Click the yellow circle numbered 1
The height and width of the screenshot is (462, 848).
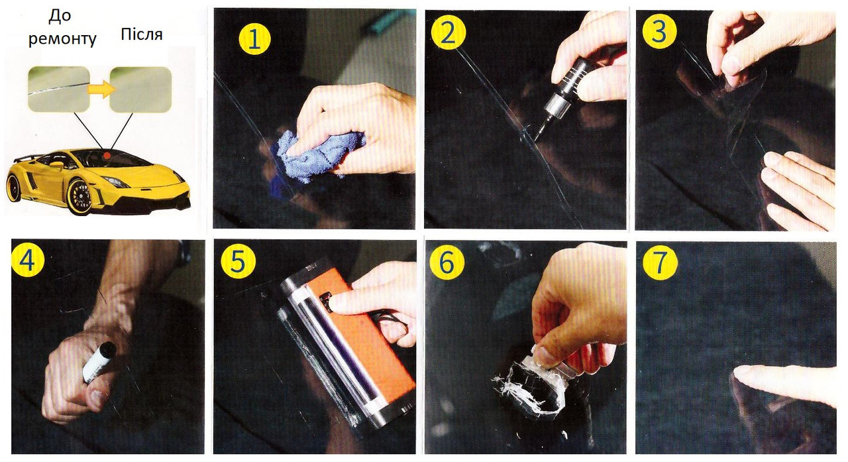pos(254,39)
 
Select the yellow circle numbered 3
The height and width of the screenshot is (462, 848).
pos(659,32)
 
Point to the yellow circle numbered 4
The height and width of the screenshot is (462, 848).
pos(28,260)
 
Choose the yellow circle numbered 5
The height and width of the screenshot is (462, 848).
pos(238,262)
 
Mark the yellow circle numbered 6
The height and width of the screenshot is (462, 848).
pos(447,262)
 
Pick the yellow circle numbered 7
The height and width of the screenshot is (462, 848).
pos(660,262)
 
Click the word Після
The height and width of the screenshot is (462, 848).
pos(142,34)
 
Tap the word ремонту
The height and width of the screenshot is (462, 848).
pos(62,39)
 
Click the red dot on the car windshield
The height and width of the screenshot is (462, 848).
pos(107,155)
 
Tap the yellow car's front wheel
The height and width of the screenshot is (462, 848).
pos(81,197)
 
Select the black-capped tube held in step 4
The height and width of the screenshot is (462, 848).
pos(99,362)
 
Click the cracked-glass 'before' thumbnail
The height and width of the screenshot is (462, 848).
pos(59,89)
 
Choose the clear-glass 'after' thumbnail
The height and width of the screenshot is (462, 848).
pos(140,89)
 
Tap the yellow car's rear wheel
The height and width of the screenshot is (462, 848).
pos(14,187)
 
